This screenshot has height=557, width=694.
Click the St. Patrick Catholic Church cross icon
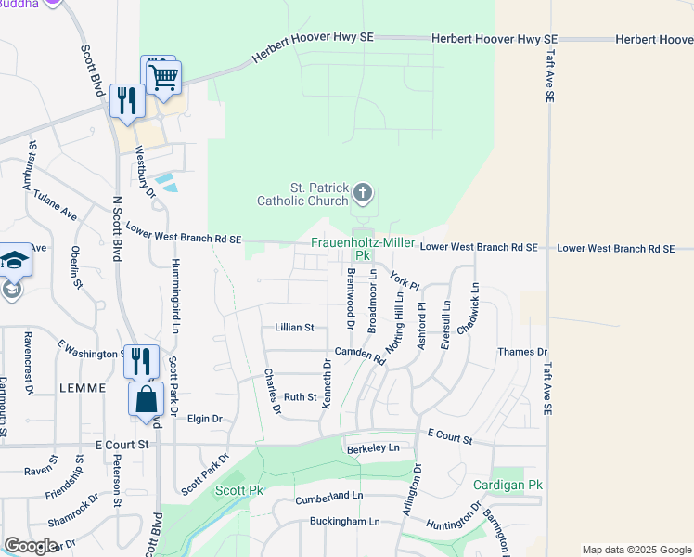point(363,193)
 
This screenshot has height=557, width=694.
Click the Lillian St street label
point(295,328)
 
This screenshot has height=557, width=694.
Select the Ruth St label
point(300,396)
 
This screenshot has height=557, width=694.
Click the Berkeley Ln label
point(373,447)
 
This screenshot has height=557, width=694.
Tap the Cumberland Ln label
point(329,498)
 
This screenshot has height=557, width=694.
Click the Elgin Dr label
point(204,419)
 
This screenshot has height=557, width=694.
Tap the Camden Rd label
point(360,354)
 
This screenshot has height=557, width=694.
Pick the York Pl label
point(405,278)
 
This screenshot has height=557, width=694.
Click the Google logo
point(31,546)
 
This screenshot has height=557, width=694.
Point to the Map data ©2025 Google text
point(636,550)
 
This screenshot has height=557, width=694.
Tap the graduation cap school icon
point(14,261)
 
